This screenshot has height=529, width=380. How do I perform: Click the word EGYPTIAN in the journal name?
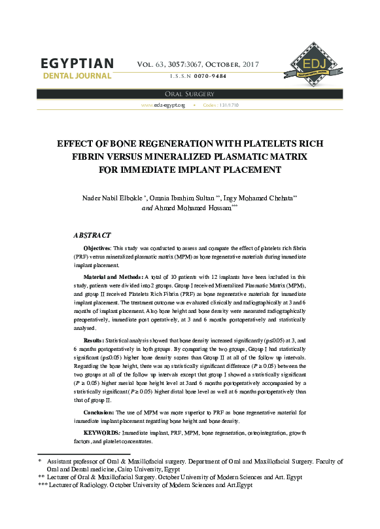pos(77,64)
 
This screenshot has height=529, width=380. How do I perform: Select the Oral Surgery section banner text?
pos(190,94)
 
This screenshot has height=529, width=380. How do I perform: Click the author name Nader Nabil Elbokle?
pos(112,198)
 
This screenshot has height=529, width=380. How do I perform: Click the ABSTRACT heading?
pos(92,234)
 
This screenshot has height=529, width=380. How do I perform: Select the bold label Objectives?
pos(98,249)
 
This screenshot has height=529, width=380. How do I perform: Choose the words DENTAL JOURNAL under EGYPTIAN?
pos(77,76)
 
